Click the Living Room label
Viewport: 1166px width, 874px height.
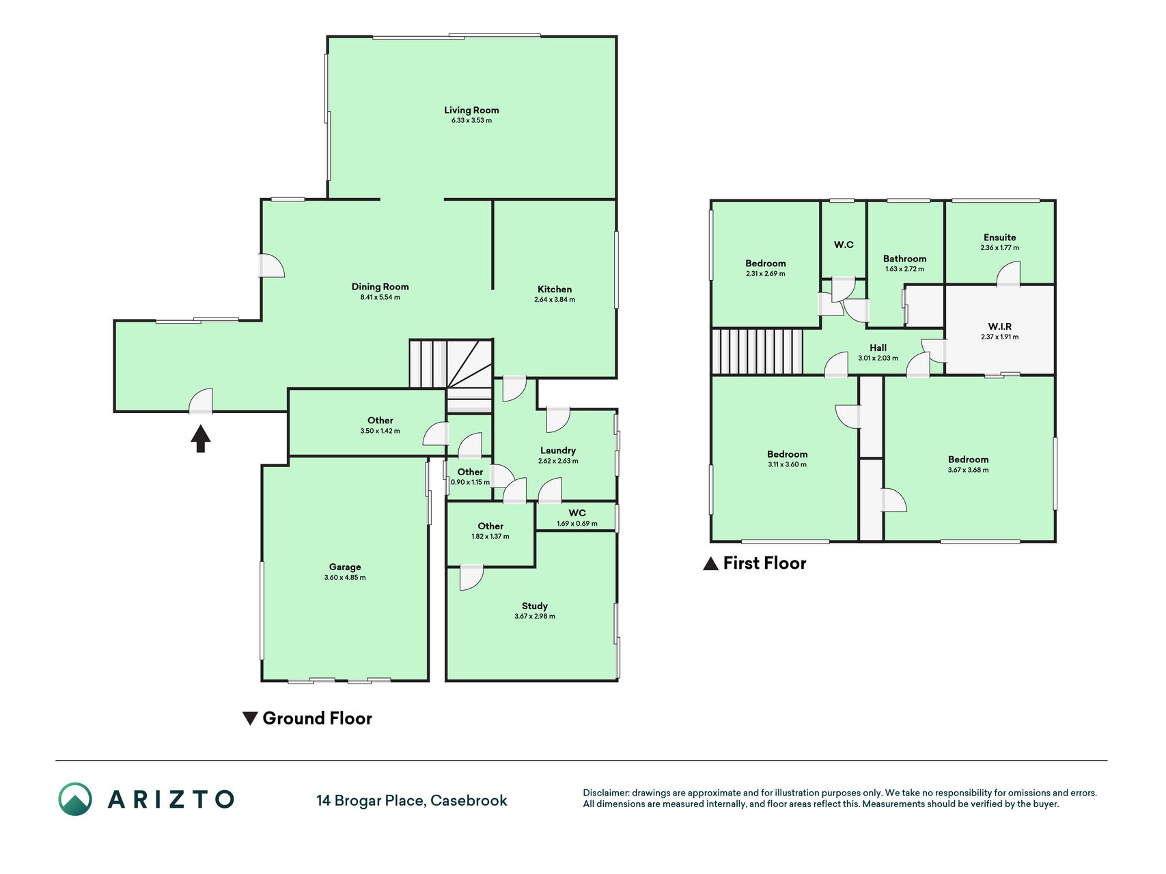click(471, 110)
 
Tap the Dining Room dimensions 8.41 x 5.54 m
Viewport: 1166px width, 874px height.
click(380, 298)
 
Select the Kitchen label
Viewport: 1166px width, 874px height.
click(555, 290)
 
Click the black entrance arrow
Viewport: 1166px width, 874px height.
click(200, 438)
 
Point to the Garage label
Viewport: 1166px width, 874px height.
click(345, 567)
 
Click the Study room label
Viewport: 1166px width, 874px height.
click(535, 606)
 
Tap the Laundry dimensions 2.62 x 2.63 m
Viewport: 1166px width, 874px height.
click(558, 461)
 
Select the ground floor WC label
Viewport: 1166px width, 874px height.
click(577, 513)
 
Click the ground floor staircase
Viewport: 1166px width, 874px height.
click(451, 376)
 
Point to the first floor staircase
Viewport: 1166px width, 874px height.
click(757, 352)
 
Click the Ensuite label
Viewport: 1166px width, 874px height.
click(1000, 238)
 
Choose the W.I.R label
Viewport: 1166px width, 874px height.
click(1000, 326)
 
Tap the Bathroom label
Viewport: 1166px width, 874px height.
click(905, 259)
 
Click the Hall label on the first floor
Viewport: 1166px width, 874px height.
click(878, 348)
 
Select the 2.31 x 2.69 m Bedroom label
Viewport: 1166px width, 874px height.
click(766, 264)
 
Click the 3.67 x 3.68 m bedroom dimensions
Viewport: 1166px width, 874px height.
click(969, 470)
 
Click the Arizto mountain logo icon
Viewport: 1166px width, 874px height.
click(75, 799)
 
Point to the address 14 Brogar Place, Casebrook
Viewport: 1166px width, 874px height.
click(412, 800)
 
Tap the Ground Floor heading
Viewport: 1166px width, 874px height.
click(317, 718)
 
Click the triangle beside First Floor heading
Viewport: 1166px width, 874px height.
click(710, 563)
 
